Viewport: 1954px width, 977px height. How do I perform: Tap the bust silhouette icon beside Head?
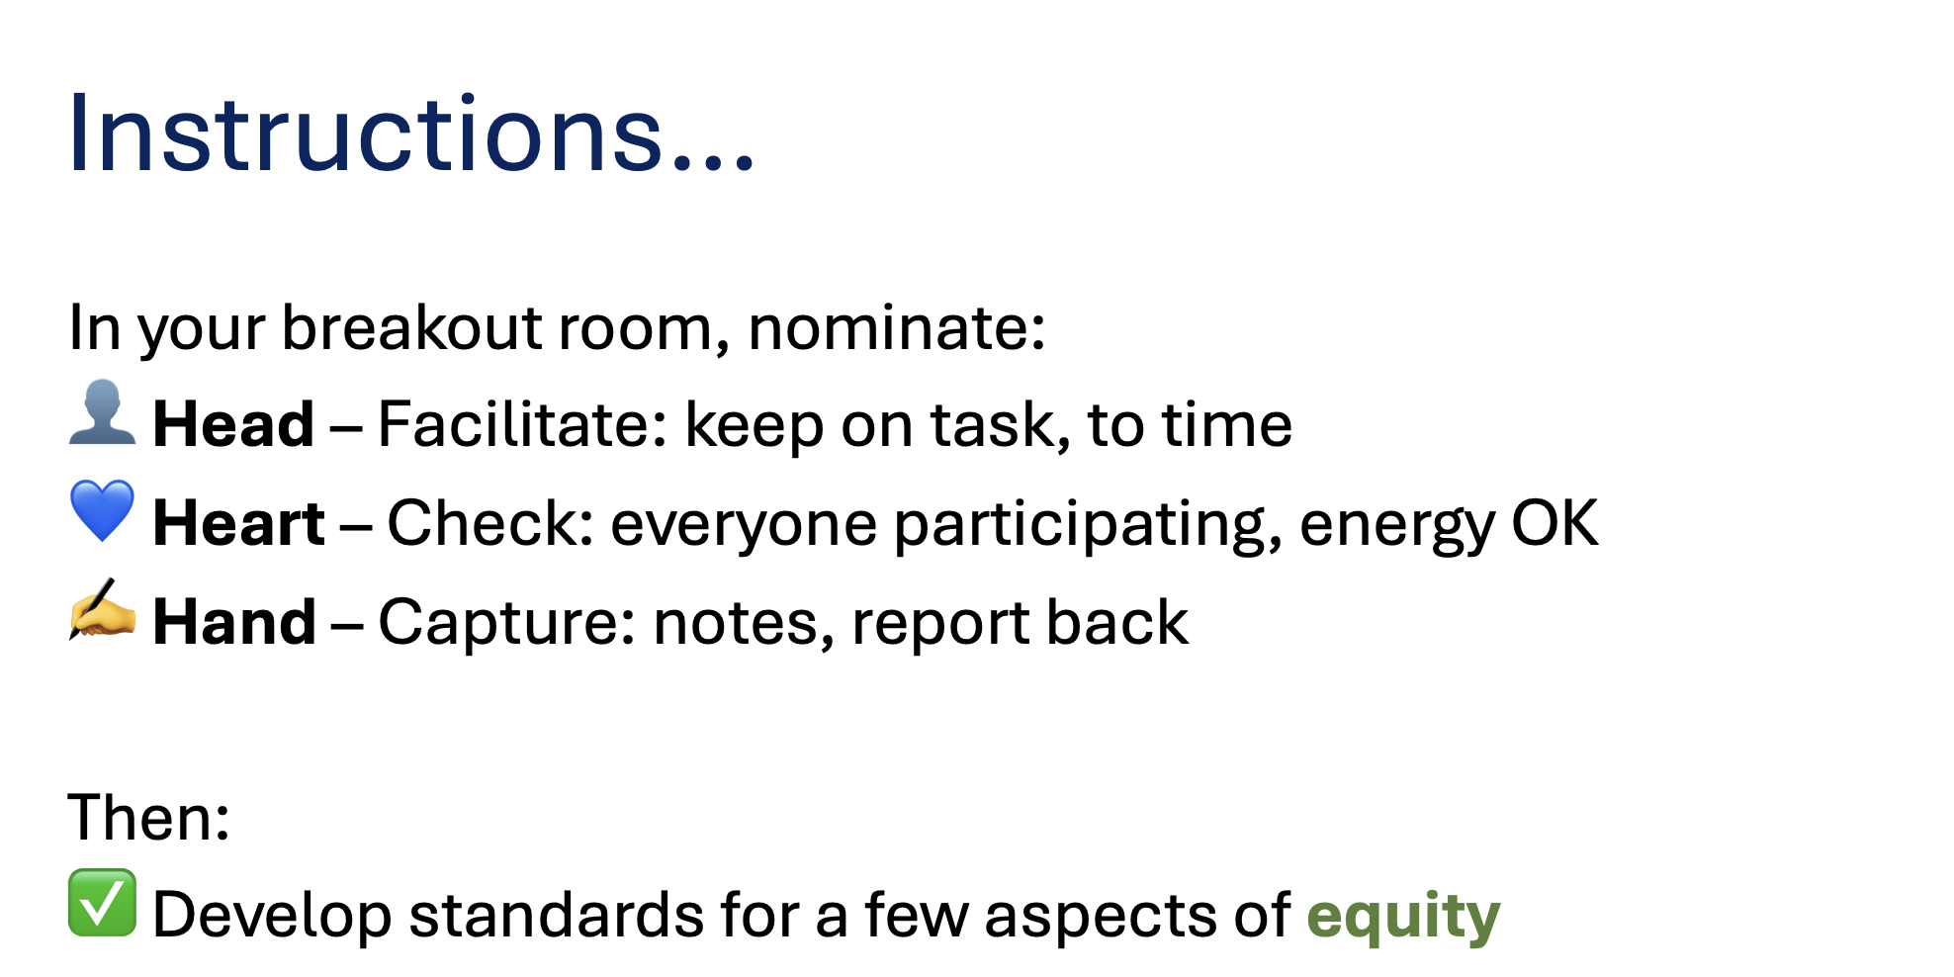(x=102, y=412)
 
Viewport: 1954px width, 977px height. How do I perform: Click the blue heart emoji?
(x=102, y=510)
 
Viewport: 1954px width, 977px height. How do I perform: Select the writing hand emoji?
(x=102, y=608)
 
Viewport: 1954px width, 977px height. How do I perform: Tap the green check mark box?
(x=102, y=902)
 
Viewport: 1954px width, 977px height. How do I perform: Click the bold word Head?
(x=233, y=424)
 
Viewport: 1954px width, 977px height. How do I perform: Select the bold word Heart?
(x=238, y=522)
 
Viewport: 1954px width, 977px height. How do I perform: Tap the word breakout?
(x=411, y=326)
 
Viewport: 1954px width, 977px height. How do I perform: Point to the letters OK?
(x=1554, y=522)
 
